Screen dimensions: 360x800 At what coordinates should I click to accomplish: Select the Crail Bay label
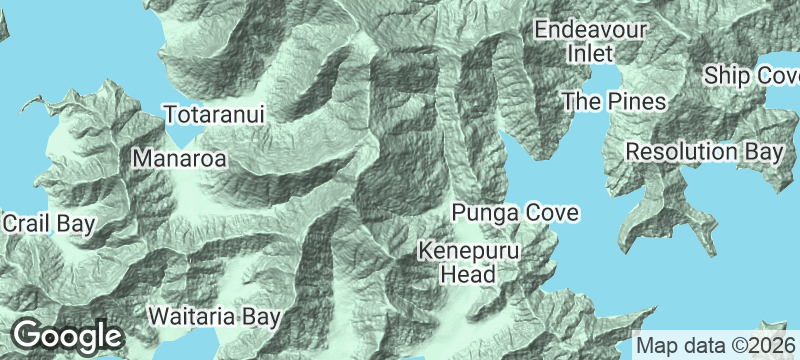coord(47,224)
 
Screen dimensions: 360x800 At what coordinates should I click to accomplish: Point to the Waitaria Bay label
coord(214,317)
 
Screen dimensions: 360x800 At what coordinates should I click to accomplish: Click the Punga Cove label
coord(515,213)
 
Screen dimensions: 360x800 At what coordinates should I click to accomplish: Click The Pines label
coord(613,101)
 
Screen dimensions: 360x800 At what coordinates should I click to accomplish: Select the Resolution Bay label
coord(703,152)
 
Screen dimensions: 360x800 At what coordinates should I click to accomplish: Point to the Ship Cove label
coord(751,76)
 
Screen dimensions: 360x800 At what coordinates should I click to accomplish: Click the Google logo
coord(67,336)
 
